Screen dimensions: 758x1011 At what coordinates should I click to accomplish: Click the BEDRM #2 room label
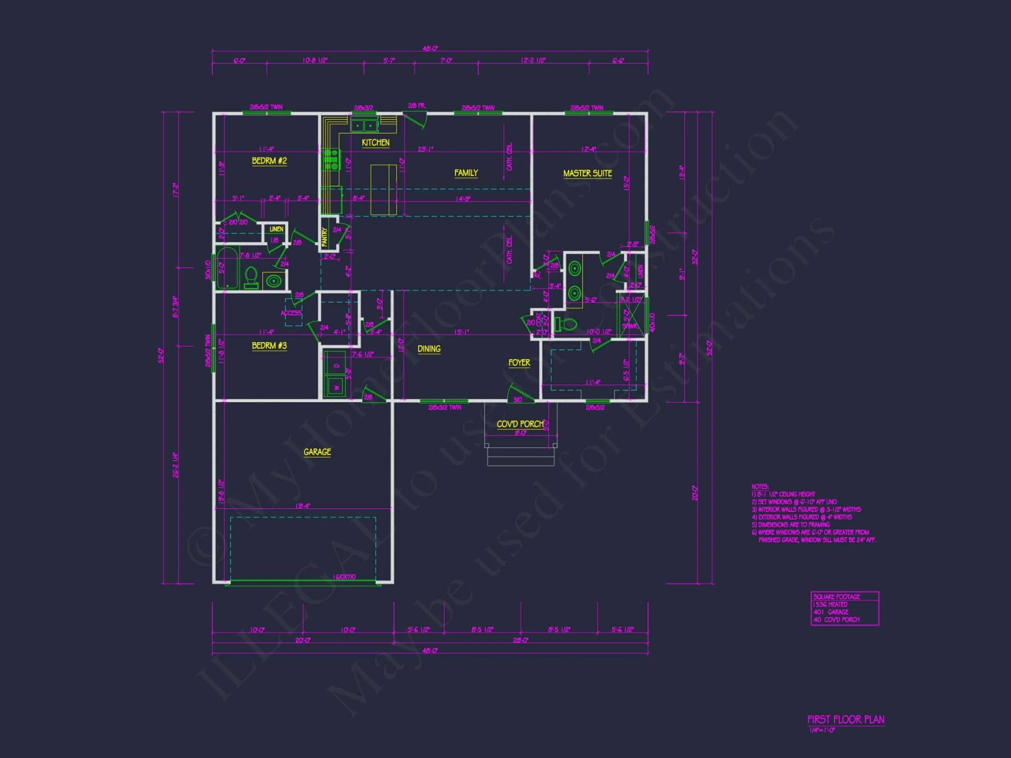pyautogui.click(x=269, y=161)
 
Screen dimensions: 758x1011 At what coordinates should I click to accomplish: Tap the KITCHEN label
pyautogui.click(x=376, y=143)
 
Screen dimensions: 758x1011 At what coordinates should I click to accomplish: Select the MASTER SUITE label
pyautogui.click(x=587, y=173)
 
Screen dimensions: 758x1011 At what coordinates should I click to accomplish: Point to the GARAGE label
pyautogui.click(x=317, y=452)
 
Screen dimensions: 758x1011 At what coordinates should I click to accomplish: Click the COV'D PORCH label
pyautogui.click(x=520, y=424)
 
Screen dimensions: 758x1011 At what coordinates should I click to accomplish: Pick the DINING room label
pyautogui.click(x=429, y=349)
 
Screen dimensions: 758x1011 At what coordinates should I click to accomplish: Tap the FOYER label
pyautogui.click(x=519, y=363)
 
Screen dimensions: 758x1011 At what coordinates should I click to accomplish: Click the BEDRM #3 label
pyautogui.click(x=269, y=346)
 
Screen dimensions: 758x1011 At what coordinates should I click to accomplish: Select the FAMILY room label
pyautogui.click(x=466, y=173)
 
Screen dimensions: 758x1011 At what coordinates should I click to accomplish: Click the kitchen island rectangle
pyautogui.click(x=383, y=189)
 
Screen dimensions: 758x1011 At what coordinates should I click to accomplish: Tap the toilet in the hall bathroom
pyautogui.click(x=251, y=277)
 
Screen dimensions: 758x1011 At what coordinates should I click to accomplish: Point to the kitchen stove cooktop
pyautogui.click(x=332, y=159)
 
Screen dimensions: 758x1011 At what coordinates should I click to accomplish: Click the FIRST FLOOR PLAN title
pyautogui.click(x=845, y=720)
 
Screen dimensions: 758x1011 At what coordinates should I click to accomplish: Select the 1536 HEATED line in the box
pyautogui.click(x=830, y=604)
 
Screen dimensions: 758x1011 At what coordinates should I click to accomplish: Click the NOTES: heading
pyautogui.click(x=760, y=487)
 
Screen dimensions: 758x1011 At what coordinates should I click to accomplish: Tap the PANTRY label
pyautogui.click(x=325, y=236)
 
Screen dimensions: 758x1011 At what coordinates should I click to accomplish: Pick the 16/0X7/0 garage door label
pyautogui.click(x=344, y=577)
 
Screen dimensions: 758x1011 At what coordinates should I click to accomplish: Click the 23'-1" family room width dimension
pyautogui.click(x=425, y=149)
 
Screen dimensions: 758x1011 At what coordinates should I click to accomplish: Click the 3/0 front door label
pyautogui.click(x=518, y=400)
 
